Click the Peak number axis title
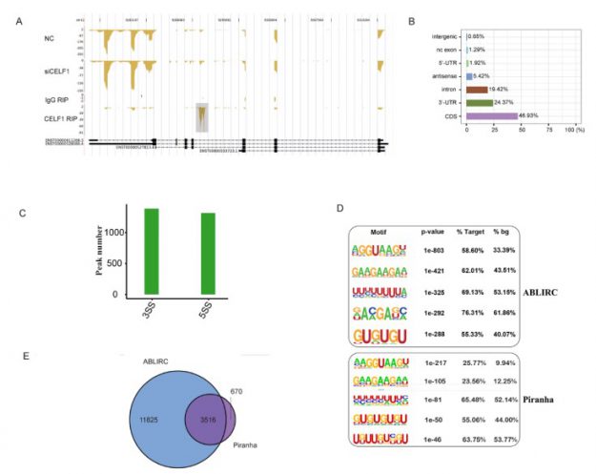click(x=96, y=252)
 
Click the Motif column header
click(x=379, y=230)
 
